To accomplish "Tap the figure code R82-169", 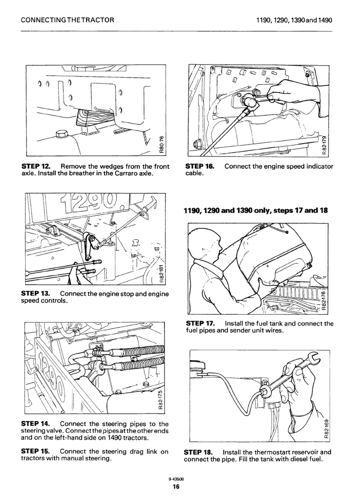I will pos(326,429).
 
